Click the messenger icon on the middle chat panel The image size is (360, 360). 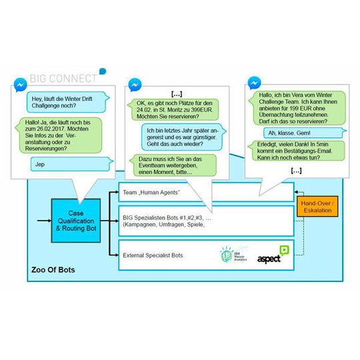(x=134, y=86)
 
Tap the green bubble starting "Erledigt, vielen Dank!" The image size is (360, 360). (x=297, y=153)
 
